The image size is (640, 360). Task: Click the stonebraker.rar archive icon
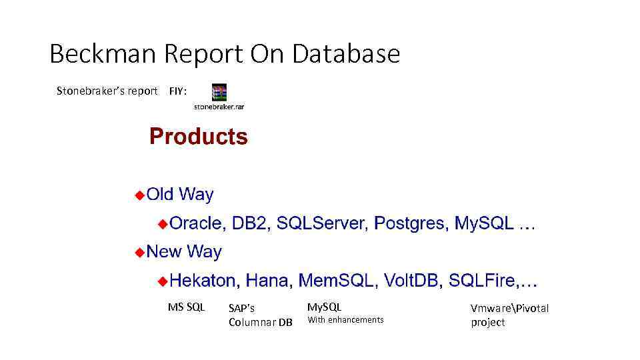[219, 93]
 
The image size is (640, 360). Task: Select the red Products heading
[199, 137]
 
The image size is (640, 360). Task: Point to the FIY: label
[178, 91]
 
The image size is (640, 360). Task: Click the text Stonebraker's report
[107, 91]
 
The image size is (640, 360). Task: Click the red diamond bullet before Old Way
[139, 195]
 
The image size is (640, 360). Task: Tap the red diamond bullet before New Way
[139, 252]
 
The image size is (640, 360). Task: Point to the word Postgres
[410, 223]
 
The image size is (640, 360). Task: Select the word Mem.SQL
[335, 281]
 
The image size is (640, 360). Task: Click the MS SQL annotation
[186, 307]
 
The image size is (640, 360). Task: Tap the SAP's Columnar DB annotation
[260, 315]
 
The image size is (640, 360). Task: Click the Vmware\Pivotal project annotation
[509, 315]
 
